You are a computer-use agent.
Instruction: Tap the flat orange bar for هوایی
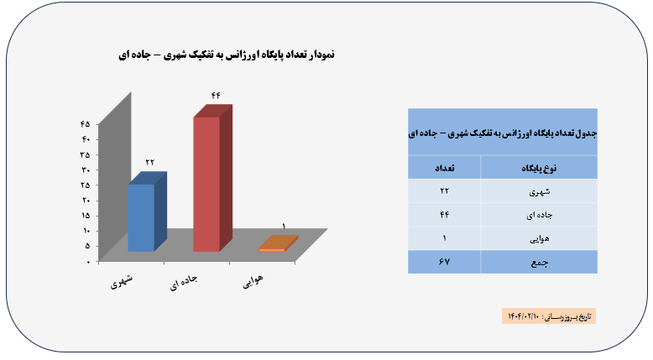[x=278, y=244]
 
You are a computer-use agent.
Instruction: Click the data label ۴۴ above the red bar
[x=216, y=96]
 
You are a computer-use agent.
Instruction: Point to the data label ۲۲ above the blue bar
[x=150, y=162]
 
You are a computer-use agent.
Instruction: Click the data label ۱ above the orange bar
[x=284, y=227]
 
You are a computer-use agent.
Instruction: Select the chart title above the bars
[x=227, y=55]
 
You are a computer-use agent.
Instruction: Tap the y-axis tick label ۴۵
[x=86, y=123]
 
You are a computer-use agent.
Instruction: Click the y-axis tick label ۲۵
[x=86, y=185]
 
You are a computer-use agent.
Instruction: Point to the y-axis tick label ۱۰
[x=86, y=231]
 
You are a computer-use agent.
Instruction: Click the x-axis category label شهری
[x=122, y=281]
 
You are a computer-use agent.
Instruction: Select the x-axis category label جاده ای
[x=183, y=282]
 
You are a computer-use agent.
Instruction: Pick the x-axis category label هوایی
[x=253, y=281]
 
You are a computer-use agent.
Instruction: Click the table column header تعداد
[x=444, y=168]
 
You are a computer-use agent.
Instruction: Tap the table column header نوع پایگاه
[x=539, y=168]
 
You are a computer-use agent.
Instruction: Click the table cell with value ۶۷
[x=444, y=262]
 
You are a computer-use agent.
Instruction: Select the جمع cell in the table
[x=540, y=263]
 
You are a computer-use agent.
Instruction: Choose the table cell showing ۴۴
[x=444, y=214]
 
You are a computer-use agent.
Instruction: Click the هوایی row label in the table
[x=540, y=239]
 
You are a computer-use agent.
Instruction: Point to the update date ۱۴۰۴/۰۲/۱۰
[x=524, y=316]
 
